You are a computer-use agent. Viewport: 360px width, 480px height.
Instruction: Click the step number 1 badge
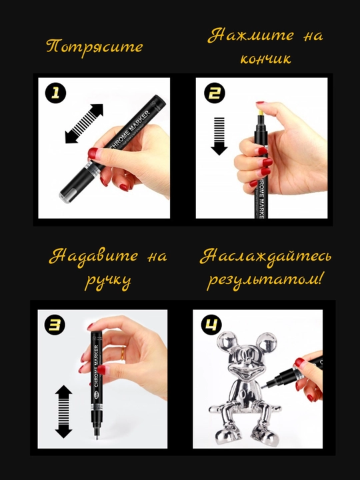pos(55,93)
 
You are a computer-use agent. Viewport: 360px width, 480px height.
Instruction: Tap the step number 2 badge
pos(214,93)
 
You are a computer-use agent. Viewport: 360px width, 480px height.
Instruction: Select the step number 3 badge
pos(55,325)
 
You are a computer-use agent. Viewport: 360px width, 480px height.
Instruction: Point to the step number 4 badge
pos(211,325)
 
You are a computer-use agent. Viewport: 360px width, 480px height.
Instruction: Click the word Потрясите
pos(95,47)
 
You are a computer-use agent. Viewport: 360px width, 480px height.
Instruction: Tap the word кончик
pos(265,59)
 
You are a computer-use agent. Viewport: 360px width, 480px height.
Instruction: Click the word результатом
pos(265,280)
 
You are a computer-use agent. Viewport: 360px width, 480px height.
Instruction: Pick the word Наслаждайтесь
pos(265,257)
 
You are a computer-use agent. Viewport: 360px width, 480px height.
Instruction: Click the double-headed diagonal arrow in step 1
pos(84,124)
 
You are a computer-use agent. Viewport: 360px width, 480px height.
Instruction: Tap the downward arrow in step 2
pos(219,136)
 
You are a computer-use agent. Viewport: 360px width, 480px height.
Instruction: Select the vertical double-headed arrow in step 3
pos(64,411)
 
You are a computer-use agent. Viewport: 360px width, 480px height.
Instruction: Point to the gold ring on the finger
pos(122,353)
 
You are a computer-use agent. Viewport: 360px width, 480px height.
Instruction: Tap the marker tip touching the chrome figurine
pos(263,387)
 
